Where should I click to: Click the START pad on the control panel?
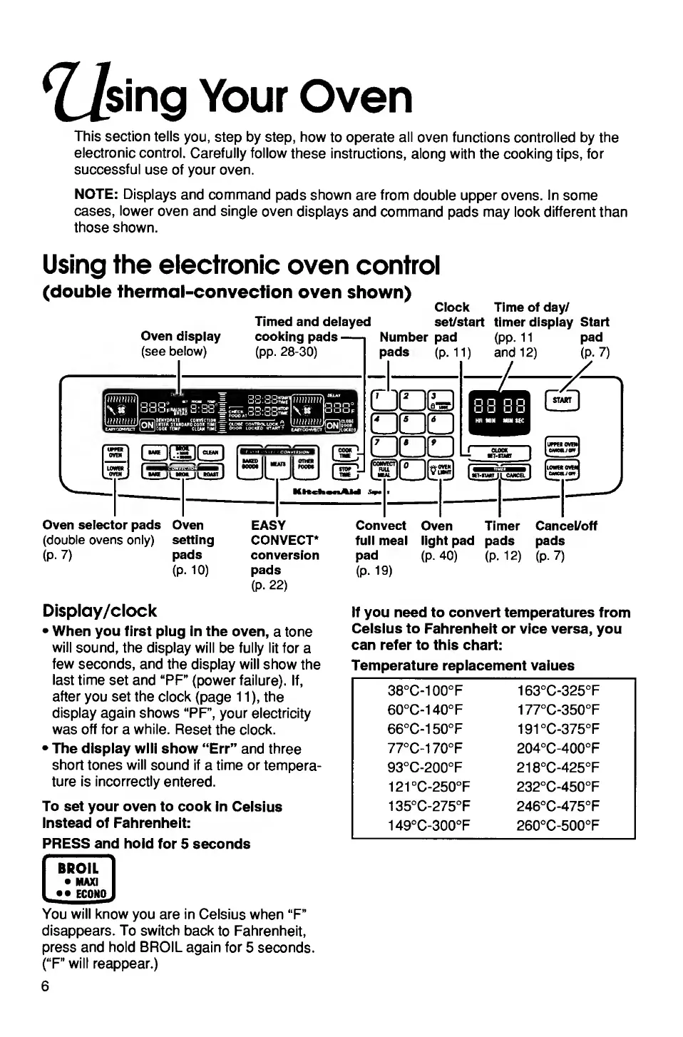[x=562, y=401]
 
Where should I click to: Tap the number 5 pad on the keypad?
[x=412, y=424]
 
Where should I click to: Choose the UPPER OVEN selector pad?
[x=115, y=451]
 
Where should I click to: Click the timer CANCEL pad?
[x=515, y=474]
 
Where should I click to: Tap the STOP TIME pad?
[x=345, y=471]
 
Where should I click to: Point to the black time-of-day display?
[x=499, y=412]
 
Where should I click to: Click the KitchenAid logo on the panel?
[x=317, y=491]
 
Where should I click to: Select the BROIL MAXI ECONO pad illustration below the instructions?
[x=78, y=880]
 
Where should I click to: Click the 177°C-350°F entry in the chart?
[x=558, y=710]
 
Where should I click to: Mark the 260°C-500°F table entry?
[x=558, y=825]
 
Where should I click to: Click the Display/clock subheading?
[x=99, y=611]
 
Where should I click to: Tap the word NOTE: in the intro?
[x=96, y=195]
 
